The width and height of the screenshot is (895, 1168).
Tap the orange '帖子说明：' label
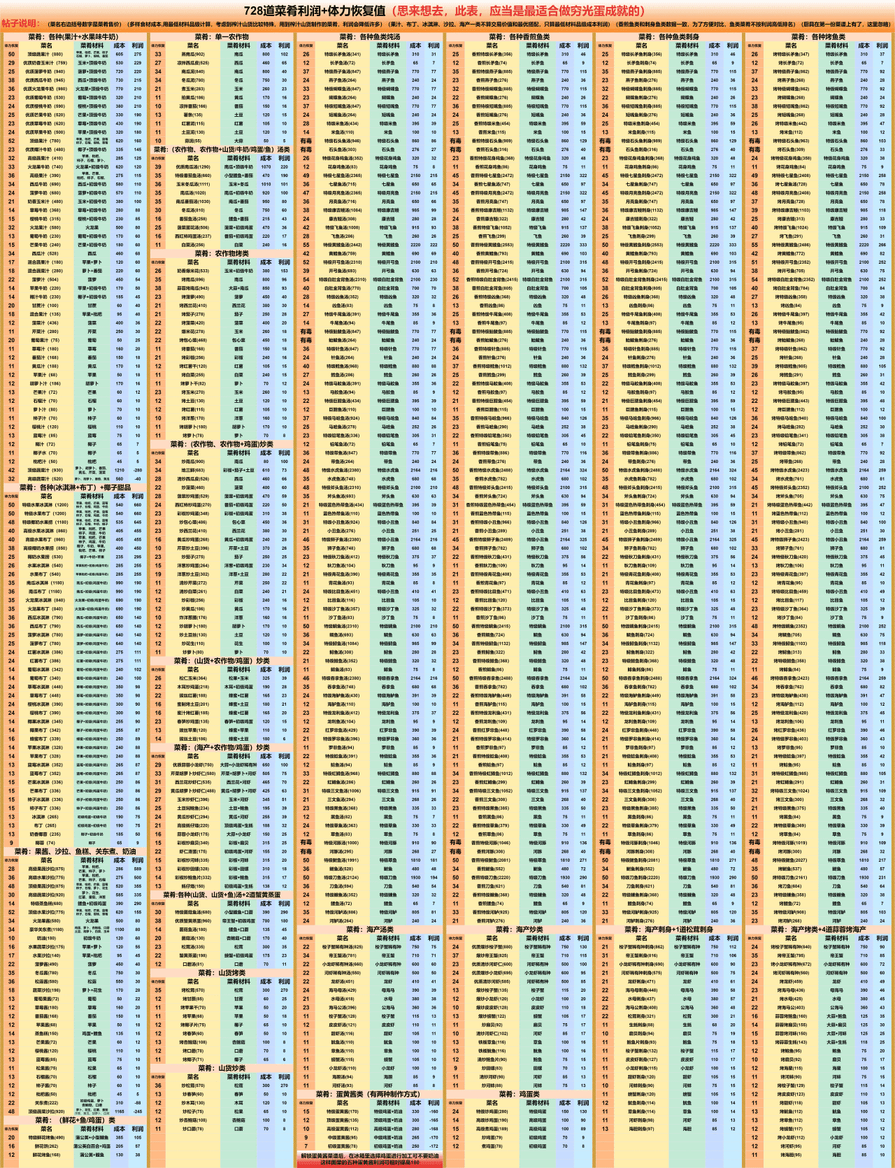tap(21, 24)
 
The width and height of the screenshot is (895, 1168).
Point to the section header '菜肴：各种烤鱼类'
tap(818, 36)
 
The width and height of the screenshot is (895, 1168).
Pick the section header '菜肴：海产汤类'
tap(370, 929)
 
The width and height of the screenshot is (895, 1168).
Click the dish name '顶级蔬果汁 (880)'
tap(48, 54)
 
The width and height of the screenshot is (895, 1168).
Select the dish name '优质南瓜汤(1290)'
tap(192, 166)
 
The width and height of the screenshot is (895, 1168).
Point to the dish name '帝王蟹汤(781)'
tap(343, 955)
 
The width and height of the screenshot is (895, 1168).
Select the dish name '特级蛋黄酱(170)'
tap(343, 1111)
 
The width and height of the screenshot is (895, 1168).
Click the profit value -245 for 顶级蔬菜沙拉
tap(138, 1111)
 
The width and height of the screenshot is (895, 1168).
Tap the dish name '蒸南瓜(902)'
tap(192, 54)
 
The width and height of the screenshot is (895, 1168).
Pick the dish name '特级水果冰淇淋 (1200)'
tap(48, 504)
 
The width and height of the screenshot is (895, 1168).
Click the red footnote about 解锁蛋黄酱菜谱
tap(370, 1158)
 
